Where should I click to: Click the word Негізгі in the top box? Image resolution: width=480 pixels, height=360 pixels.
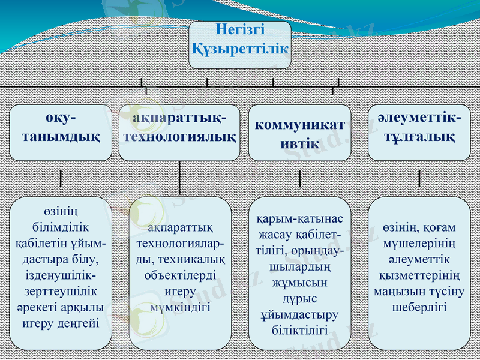click(240, 30)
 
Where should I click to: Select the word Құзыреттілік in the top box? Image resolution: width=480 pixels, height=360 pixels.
click(240, 47)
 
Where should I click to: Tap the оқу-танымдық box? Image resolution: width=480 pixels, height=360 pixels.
click(61, 133)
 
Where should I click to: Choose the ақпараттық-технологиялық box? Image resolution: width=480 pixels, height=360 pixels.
click(180, 133)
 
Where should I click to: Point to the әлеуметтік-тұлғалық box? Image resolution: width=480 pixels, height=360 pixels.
click(419, 133)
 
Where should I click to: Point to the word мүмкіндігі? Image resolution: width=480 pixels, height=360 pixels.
click(180, 307)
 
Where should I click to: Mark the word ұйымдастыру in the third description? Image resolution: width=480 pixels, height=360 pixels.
click(299, 314)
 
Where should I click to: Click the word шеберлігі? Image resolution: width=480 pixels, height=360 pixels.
click(419, 307)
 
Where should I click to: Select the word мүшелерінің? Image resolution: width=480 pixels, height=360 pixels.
click(419, 244)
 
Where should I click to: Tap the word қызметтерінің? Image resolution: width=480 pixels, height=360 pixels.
click(419, 275)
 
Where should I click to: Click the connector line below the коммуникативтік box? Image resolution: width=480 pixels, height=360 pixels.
click(299, 178)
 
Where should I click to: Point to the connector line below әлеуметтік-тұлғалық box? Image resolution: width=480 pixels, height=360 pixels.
click(419, 178)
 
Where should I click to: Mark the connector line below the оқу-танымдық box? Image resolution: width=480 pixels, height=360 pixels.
click(61, 178)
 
